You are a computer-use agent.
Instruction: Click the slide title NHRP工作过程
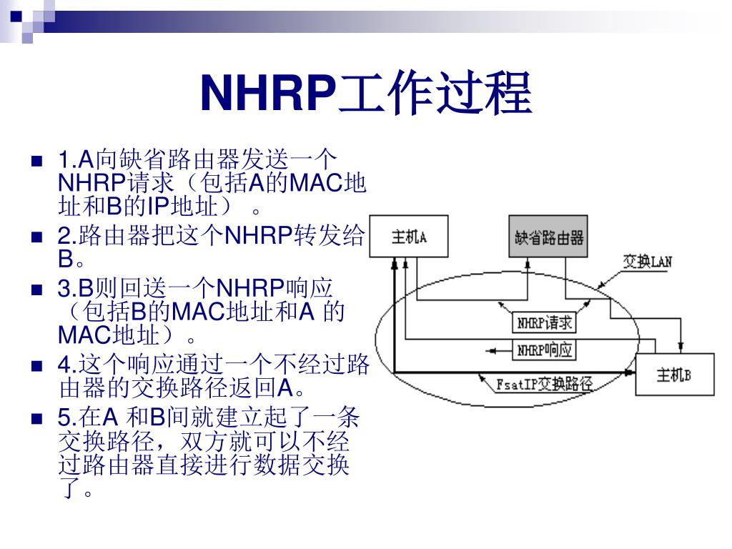[366, 94]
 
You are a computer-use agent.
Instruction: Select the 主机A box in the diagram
[409, 237]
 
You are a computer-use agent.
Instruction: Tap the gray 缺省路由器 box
[549, 237]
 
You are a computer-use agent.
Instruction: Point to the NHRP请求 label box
[545, 323]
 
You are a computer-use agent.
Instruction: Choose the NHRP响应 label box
[545, 350]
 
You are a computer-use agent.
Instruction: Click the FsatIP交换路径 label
[545, 384]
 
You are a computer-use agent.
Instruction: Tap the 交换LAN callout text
[647, 262]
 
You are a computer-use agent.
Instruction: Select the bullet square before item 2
[37, 236]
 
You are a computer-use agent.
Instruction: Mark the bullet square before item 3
[37, 290]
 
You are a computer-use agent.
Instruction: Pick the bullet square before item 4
[37, 367]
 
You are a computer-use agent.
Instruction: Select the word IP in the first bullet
[157, 207]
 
